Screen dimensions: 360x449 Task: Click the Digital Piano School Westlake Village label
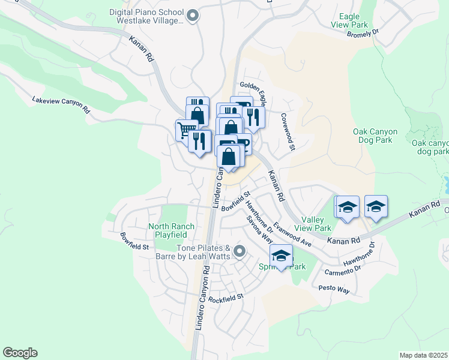point(146,16)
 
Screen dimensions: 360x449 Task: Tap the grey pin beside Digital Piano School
point(192,16)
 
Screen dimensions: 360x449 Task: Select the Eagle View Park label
point(349,20)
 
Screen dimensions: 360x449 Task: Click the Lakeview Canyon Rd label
point(61,105)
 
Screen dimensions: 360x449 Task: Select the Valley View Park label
point(316,224)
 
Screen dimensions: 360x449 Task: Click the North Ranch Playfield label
point(171,230)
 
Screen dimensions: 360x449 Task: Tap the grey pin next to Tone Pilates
point(240,251)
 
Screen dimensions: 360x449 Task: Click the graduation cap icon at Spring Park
point(281,256)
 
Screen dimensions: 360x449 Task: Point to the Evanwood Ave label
point(292,235)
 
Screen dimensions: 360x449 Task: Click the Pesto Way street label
point(334,289)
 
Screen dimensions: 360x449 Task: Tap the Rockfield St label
point(226,296)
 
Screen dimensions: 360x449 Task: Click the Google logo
point(20,352)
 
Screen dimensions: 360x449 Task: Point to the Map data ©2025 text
point(423,355)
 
